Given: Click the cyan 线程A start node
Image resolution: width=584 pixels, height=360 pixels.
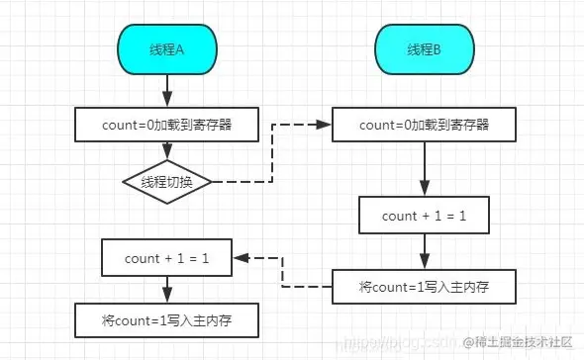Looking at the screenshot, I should pyautogui.click(x=166, y=48).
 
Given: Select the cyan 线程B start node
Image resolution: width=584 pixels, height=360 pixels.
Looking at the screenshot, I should pyautogui.click(x=425, y=48).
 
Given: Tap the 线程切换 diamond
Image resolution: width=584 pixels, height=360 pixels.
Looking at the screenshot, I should pyautogui.click(x=166, y=182).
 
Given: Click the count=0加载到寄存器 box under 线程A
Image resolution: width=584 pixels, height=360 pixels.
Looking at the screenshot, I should pyautogui.click(x=166, y=125).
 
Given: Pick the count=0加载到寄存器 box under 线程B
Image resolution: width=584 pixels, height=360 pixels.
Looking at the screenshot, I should pyautogui.click(x=425, y=125).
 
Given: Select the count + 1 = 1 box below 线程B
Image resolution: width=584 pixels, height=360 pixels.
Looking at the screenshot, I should pyautogui.click(x=425, y=215).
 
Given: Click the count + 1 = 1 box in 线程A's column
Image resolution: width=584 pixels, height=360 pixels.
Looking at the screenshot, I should pyautogui.click(x=166, y=258).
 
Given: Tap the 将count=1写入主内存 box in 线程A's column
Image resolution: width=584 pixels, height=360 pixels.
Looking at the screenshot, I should pyautogui.click(x=166, y=320).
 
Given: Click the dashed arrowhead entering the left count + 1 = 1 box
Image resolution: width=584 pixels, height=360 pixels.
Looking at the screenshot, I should pyautogui.click(x=241, y=258).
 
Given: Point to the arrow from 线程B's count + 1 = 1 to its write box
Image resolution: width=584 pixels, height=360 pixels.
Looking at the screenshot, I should pyautogui.click(x=425, y=251).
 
